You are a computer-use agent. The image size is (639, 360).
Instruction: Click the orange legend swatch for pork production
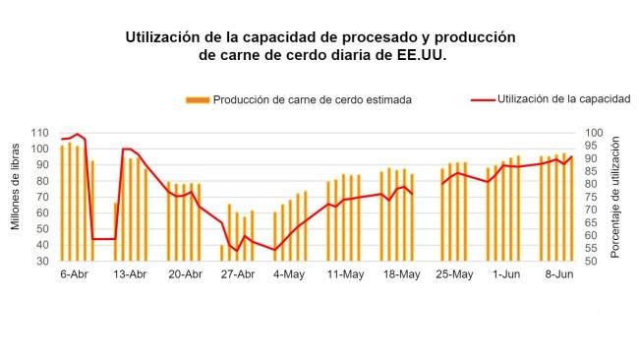click(197, 99)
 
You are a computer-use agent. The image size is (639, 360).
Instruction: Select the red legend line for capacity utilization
click(482, 98)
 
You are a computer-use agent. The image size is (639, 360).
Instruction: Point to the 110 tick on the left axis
click(40, 133)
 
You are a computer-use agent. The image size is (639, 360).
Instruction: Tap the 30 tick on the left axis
click(43, 261)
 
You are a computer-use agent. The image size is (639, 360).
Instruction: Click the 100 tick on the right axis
click(592, 133)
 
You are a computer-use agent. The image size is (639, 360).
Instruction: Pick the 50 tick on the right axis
click(589, 261)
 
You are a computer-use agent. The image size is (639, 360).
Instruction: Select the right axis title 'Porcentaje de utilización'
click(616, 197)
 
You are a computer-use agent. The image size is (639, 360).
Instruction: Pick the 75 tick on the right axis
click(589, 197)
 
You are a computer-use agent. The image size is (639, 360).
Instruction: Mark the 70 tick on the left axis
click(43, 197)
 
